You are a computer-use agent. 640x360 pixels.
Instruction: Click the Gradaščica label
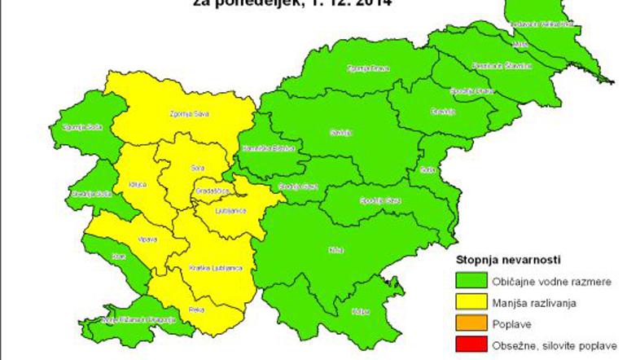click(x=210, y=191)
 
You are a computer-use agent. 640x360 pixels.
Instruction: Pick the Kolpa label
click(x=361, y=311)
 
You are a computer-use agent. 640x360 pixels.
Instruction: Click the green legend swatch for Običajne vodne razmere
click(x=466, y=282)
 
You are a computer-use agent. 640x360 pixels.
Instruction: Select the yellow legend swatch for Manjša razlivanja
click(x=466, y=303)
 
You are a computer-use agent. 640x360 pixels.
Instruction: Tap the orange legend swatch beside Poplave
click(x=466, y=324)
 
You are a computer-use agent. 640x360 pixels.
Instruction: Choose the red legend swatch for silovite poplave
click(x=466, y=345)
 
